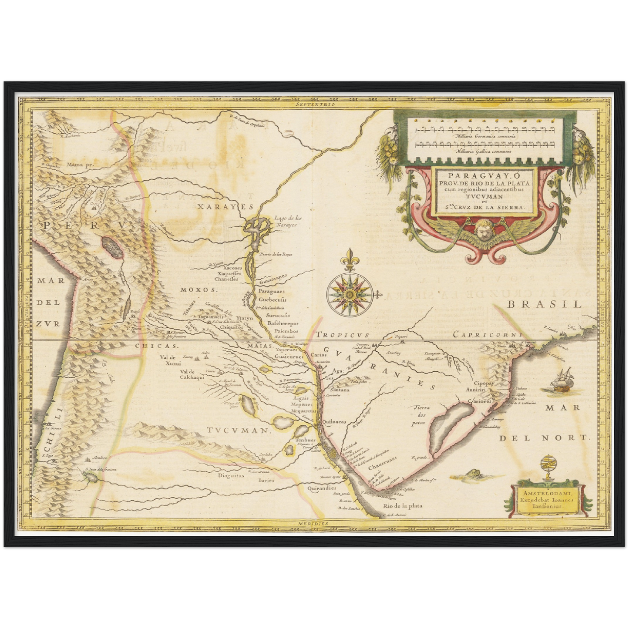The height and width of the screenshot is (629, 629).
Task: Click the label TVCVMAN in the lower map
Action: (237, 431)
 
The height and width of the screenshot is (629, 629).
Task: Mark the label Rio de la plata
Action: (403, 506)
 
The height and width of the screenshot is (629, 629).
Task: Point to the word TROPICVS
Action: (343, 335)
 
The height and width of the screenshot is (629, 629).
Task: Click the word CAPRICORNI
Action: (487, 334)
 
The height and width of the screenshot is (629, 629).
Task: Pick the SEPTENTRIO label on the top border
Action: (314, 104)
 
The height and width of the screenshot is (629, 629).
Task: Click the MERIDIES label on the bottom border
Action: (313, 523)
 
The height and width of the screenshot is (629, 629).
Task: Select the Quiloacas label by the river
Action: (335, 422)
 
